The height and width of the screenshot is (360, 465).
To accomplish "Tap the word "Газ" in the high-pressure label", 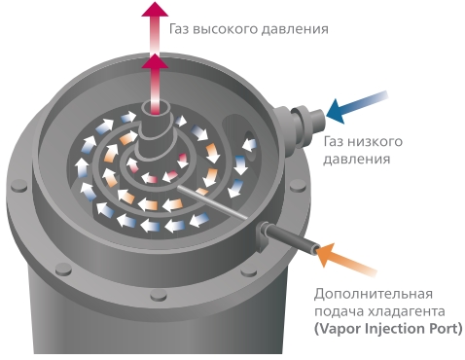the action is (179, 28).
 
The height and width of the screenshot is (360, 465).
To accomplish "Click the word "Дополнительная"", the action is (374, 295).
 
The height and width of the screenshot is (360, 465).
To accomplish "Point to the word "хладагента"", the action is (407, 311).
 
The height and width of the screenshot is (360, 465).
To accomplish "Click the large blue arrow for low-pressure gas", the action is (357, 107).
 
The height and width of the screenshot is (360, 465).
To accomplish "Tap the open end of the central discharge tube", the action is (155, 108).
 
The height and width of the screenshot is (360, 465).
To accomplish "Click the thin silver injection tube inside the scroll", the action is (211, 202).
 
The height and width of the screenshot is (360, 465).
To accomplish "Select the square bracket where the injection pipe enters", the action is (263, 236).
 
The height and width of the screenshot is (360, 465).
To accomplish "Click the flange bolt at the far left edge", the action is (19, 187).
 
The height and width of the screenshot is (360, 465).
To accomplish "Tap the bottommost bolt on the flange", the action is (159, 295).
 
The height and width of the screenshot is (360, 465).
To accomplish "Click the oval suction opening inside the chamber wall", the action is (250, 145).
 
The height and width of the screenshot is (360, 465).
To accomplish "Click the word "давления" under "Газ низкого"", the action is (356, 159).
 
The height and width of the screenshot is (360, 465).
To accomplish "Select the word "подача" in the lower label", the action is (339, 312).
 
